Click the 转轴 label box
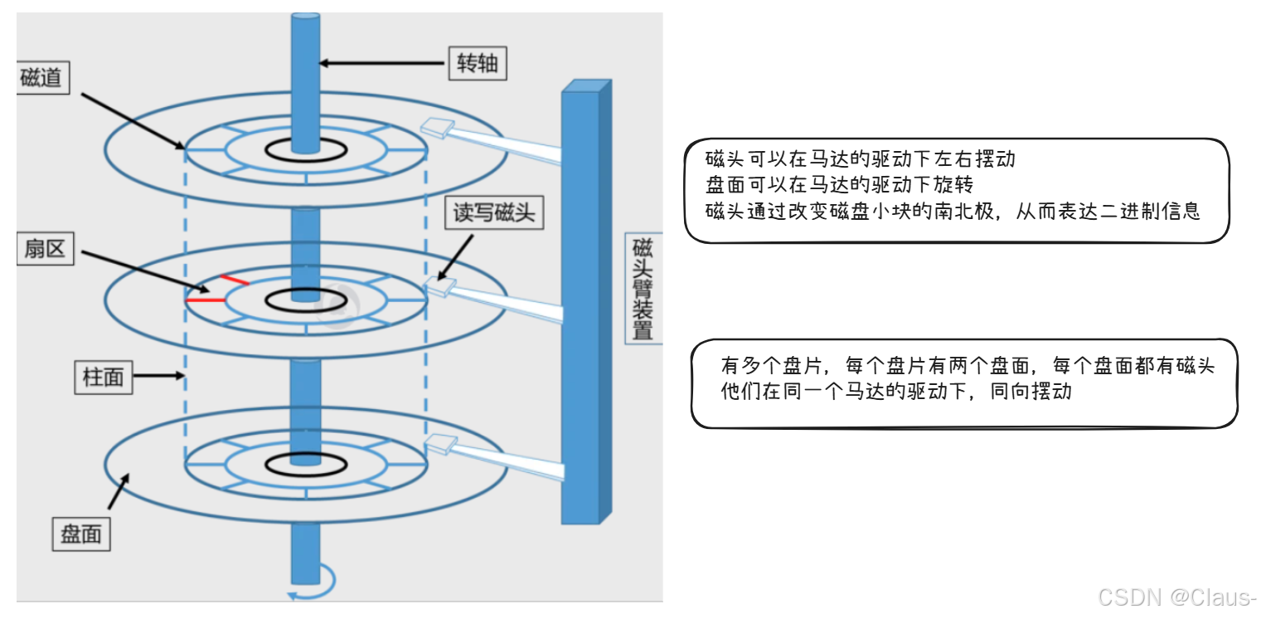click(478, 62)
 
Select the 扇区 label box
click(46, 247)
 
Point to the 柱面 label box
click(103, 377)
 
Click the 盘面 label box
click(81, 534)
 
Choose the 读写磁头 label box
click(493, 213)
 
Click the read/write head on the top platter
click(436, 128)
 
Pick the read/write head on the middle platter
click(439, 287)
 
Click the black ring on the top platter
click(306, 150)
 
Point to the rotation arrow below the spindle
click(313, 584)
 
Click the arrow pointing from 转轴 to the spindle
click(382, 62)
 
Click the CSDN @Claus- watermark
click(1176, 597)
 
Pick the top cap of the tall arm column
click(586, 85)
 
